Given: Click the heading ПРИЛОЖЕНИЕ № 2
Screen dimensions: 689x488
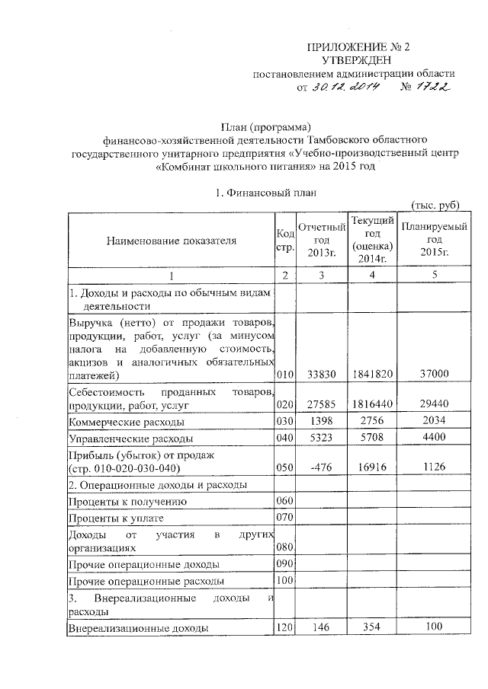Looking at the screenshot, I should [357, 46].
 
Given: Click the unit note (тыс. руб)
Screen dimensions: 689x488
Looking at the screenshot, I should [434, 206].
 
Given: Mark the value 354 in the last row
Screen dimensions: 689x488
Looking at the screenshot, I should [373, 628].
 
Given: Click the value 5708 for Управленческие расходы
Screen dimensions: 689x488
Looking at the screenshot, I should [373, 439].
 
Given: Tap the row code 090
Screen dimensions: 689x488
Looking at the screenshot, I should [284, 565].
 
